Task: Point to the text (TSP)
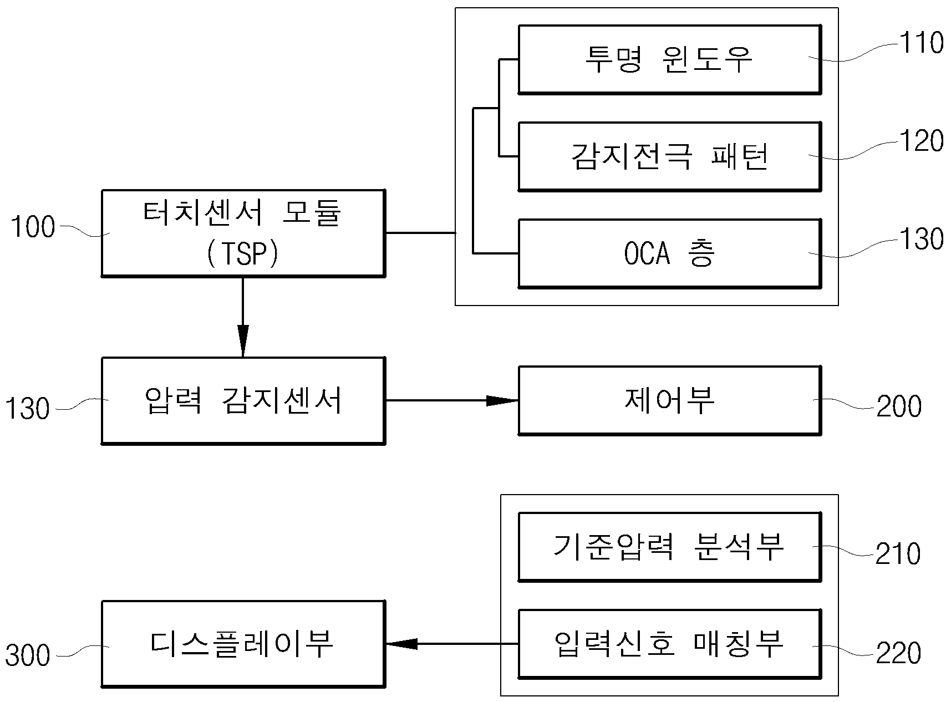(242, 255)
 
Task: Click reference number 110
(921, 43)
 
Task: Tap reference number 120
(921, 141)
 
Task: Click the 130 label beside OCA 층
(921, 239)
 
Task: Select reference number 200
(899, 406)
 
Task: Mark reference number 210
(898, 554)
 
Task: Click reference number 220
(899, 653)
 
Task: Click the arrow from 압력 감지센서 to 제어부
(452, 400)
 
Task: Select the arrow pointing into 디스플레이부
(452, 644)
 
